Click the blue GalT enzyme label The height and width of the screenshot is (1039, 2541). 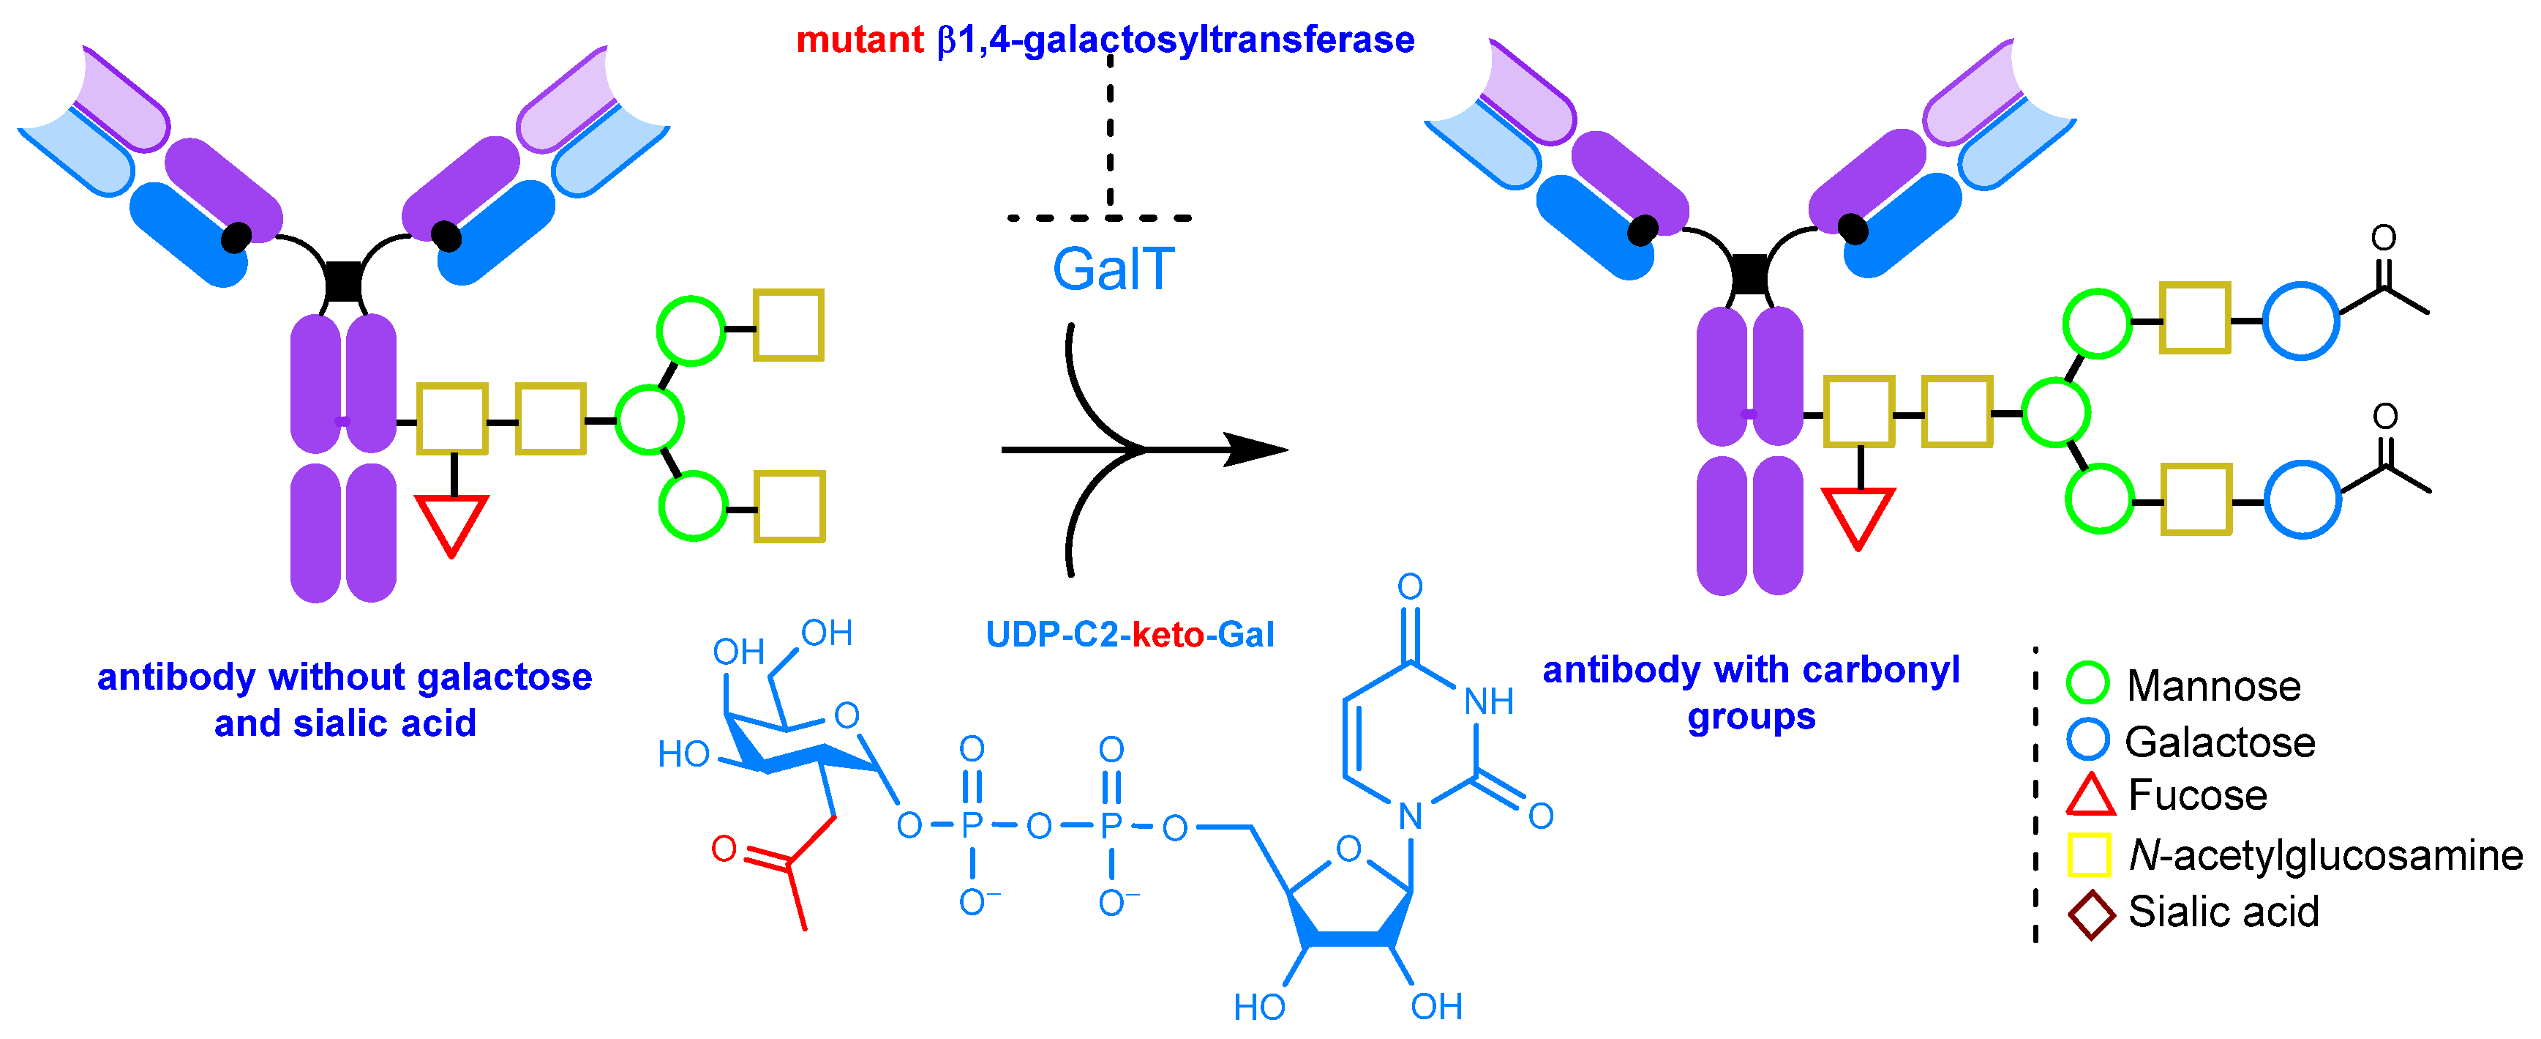[1113, 269]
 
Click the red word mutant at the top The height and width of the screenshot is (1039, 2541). [859, 40]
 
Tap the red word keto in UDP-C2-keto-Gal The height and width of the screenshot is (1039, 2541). [1167, 634]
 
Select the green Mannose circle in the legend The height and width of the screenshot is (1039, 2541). [2087, 683]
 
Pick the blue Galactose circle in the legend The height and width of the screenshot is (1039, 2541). [2087, 739]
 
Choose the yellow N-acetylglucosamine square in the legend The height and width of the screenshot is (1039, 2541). [2088, 854]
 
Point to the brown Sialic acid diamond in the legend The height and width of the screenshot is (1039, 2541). [2090, 914]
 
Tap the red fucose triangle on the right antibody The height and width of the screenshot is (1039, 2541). [1858, 514]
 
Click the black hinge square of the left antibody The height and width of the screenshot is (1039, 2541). [343, 281]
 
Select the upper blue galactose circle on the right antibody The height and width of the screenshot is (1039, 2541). [2300, 321]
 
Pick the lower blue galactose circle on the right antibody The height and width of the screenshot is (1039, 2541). [2302, 499]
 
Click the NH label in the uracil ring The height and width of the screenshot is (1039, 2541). [1487, 701]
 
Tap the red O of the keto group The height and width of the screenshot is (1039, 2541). [724, 849]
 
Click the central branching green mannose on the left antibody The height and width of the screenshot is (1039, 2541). [649, 420]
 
